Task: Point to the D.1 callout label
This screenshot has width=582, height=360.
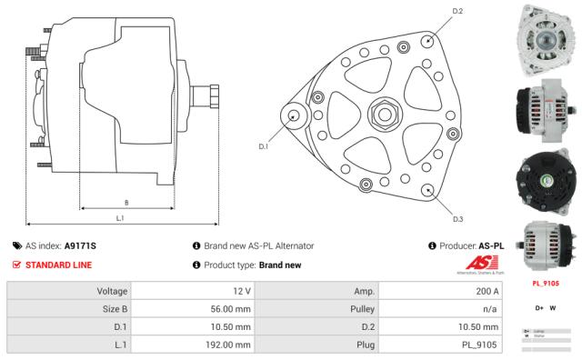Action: click(264, 145)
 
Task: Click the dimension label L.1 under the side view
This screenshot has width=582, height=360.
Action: click(120, 217)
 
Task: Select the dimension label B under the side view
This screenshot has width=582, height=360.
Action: click(125, 202)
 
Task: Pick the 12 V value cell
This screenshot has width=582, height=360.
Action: click(242, 291)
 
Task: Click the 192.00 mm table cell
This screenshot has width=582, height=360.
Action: click(227, 345)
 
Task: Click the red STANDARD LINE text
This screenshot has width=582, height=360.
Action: click(59, 265)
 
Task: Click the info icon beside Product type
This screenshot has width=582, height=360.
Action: click(196, 265)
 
